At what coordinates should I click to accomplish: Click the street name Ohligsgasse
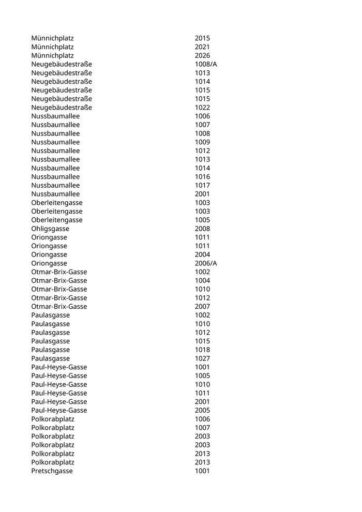tap(50, 229)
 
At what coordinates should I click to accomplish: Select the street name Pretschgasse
tap(52, 471)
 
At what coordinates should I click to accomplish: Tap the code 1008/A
tap(206, 64)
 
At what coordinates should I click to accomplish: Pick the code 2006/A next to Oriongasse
tap(206, 263)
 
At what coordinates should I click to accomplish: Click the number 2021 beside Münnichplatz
tap(202, 47)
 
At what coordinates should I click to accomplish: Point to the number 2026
tap(202, 55)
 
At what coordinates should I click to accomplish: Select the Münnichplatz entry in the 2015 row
tap(52, 38)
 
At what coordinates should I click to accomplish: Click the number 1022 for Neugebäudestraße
tap(202, 108)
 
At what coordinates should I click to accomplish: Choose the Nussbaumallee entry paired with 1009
tap(55, 142)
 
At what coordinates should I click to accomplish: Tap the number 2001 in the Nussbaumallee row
tap(202, 194)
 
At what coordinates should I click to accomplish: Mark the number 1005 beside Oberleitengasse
tap(202, 220)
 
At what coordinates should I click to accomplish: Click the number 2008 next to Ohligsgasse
tap(202, 229)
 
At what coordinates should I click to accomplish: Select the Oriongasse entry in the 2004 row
tap(49, 254)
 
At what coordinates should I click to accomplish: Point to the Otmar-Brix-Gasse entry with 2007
tap(59, 307)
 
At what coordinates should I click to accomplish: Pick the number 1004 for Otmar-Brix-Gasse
tap(202, 281)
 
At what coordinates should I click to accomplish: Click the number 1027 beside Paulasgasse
tap(202, 358)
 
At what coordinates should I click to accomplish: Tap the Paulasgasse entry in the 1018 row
tap(50, 350)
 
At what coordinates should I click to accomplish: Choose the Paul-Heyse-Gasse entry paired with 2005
tap(59, 411)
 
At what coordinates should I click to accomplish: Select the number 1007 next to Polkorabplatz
tap(202, 428)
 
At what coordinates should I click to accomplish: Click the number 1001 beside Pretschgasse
tap(202, 471)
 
